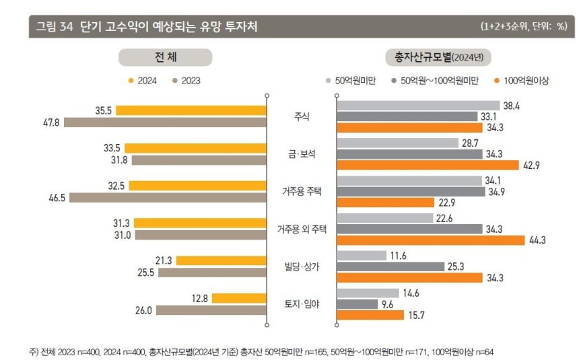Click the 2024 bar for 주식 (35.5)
191,110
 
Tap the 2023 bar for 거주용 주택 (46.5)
168,198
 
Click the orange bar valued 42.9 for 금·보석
428,165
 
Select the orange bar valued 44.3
430,240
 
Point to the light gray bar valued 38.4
417,106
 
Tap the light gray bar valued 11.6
361,256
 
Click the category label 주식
301,116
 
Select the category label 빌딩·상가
302,267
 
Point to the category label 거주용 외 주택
302,229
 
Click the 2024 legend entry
143,81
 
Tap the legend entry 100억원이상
522,81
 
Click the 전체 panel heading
165,57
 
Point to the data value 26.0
144,311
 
